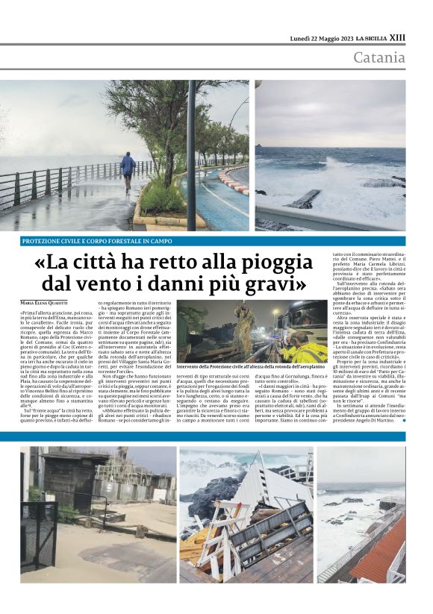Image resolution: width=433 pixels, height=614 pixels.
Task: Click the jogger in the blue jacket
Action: pos(128,170)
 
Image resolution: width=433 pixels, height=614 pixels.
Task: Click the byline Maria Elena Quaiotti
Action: pos(48,302)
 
